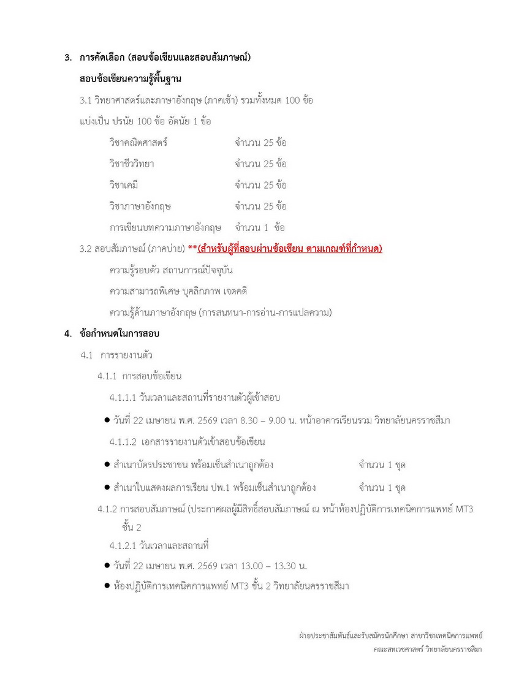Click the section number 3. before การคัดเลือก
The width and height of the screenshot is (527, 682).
point(68,59)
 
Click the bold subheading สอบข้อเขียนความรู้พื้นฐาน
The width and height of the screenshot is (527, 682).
point(130,80)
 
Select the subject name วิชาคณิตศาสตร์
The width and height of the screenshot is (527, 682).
point(138,143)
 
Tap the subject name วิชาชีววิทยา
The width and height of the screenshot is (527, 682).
point(132,164)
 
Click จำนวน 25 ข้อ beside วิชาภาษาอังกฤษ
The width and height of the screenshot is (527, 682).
point(260,206)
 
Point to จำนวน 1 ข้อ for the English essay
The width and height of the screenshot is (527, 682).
point(260,227)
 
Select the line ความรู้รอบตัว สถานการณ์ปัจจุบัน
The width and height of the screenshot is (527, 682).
point(172,270)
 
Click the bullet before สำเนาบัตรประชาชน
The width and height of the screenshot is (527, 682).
point(107,465)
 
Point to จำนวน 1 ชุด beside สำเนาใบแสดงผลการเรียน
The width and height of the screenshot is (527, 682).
point(382,488)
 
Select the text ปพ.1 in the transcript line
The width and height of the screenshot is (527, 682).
point(219,488)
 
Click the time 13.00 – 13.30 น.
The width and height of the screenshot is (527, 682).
point(271,566)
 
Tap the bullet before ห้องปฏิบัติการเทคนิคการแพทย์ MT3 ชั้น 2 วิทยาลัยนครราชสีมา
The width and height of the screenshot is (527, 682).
point(107,586)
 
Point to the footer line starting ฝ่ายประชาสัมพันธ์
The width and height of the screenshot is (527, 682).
point(387,635)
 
